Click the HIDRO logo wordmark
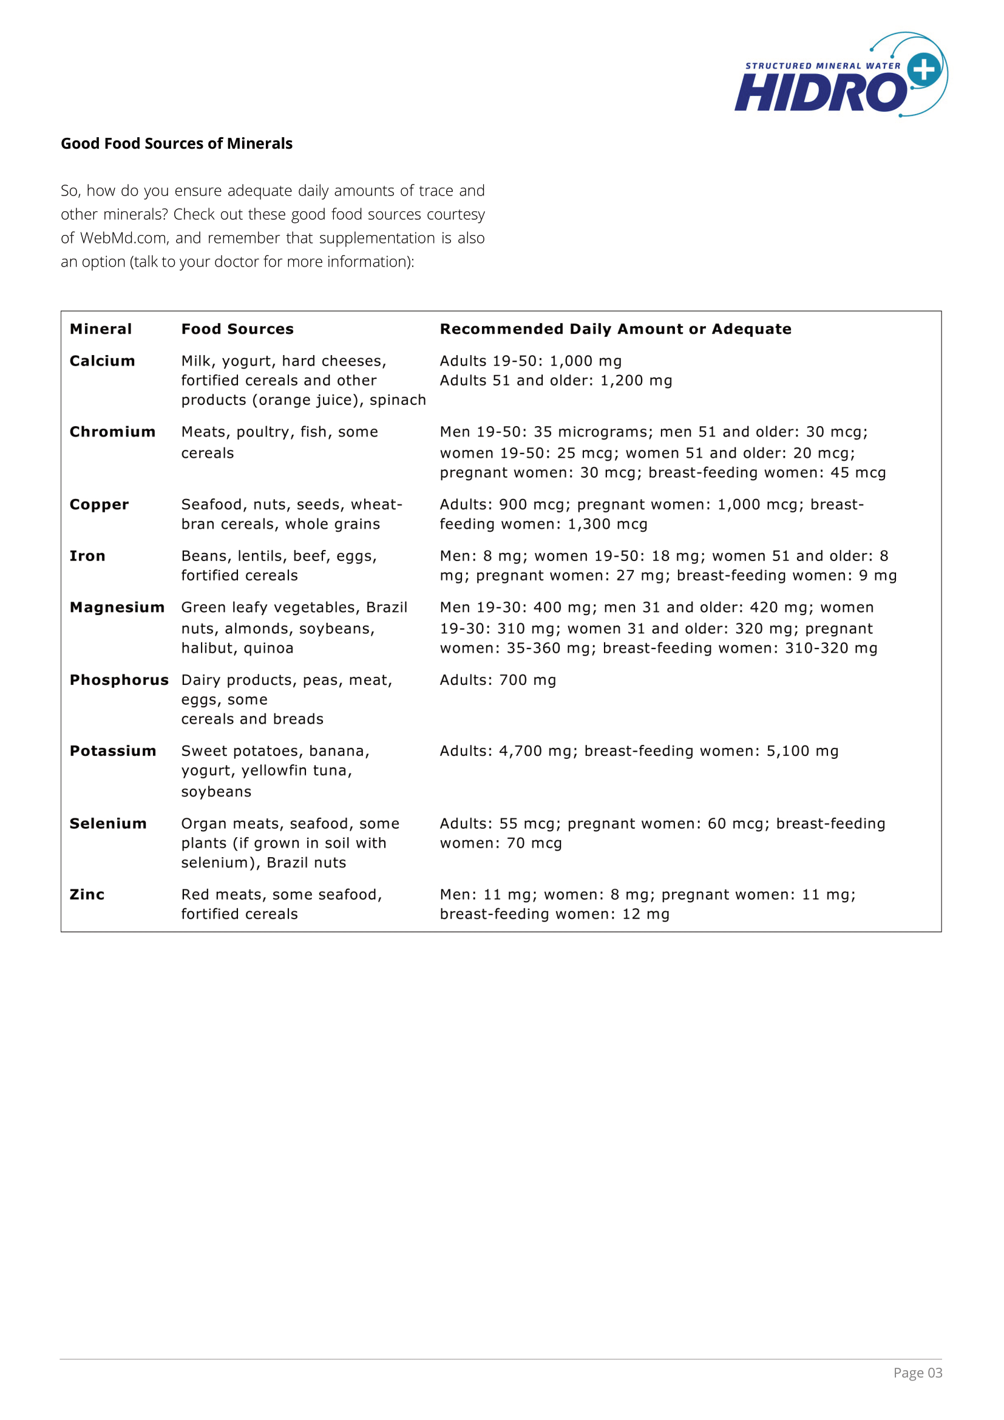[819, 93]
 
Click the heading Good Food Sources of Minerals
[176, 143]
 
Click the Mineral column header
[101, 329]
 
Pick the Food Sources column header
[237, 329]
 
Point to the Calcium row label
[102, 361]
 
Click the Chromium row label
[112, 432]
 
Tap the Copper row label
[99, 504]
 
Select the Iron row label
[87, 556]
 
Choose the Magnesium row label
[117, 607]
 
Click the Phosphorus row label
[119, 680]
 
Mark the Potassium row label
[112, 751]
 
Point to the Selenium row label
[107, 823]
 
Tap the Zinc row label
[87, 894]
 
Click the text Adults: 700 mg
[498, 680]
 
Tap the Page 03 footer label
[917, 1373]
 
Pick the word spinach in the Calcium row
[398, 400]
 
